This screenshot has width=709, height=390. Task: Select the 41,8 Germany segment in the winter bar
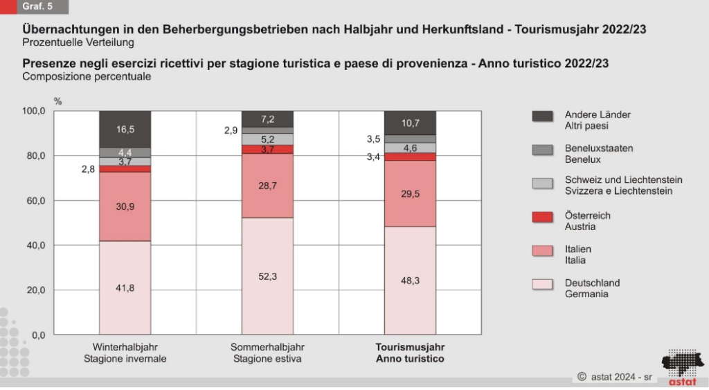(x=125, y=287)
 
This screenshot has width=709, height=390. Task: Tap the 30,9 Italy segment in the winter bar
(x=125, y=206)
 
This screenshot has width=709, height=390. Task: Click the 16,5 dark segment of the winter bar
(x=125, y=129)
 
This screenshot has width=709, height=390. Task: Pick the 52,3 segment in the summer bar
(x=267, y=276)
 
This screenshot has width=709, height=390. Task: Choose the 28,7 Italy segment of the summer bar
(x=267, y=186)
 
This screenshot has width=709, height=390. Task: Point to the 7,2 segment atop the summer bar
(x=267, y=119)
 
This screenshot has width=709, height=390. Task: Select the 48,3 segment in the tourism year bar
(x=410, y=281)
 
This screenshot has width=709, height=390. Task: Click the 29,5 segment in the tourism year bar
(x=410, y=194)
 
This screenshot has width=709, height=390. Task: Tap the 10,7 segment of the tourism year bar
(x=410, y=123)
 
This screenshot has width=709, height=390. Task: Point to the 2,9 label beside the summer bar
(x=231, y=130)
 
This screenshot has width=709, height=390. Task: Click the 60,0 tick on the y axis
(x=35, y=201)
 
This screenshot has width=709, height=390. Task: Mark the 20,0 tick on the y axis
(x=35, y=290)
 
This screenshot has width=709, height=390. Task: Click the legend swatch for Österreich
(x=542, y=218)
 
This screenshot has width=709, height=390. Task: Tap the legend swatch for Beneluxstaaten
(x=542, y=150)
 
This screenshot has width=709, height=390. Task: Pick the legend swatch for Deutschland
(x=542, y=285)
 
